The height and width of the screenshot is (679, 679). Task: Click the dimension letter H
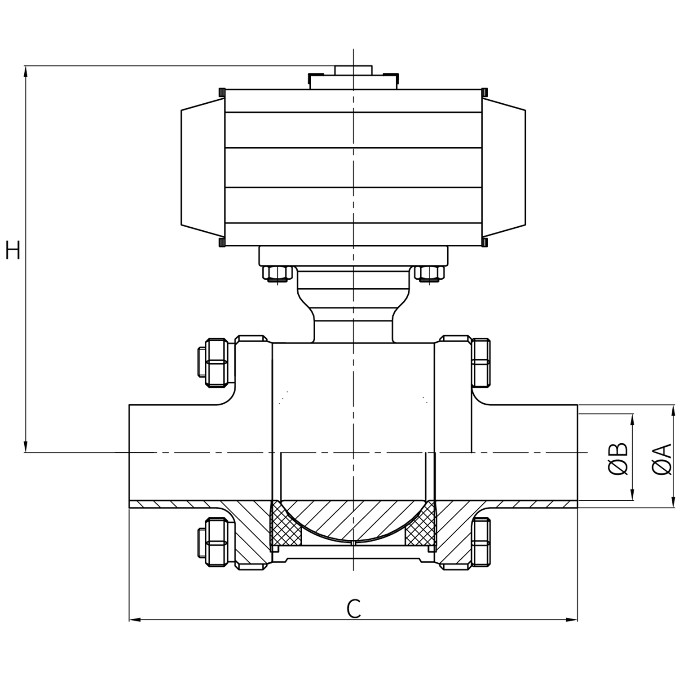tap(13, 250)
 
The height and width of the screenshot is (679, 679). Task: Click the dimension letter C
tap(354, 609)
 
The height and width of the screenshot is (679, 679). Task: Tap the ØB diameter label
tap(619, 459)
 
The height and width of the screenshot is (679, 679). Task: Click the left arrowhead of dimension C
tap(134, 620)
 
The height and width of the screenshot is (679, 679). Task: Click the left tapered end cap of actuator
tap(202, 168)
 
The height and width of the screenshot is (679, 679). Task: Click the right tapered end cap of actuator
tap(504, 168)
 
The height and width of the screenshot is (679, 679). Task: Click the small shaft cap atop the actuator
tap(353, 70)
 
